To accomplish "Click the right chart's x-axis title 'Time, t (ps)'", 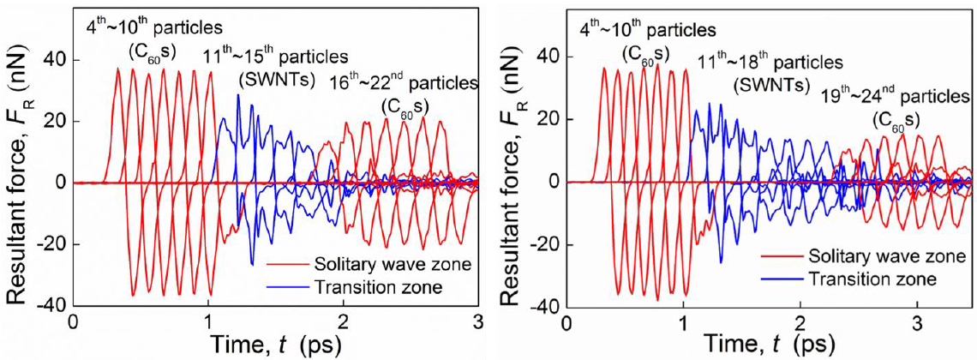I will [769, 345].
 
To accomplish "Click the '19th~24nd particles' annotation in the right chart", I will [891, 94].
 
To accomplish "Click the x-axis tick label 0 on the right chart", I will [566, 325].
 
